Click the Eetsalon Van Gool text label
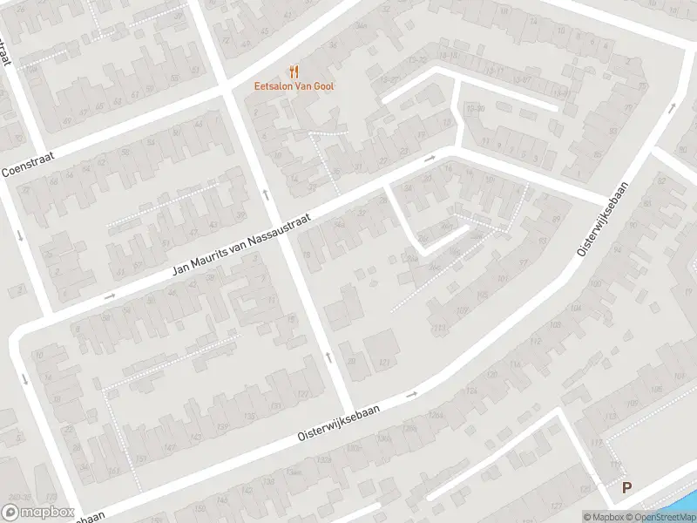294,85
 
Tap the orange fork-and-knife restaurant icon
294,71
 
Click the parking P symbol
626,489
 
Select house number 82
598,155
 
